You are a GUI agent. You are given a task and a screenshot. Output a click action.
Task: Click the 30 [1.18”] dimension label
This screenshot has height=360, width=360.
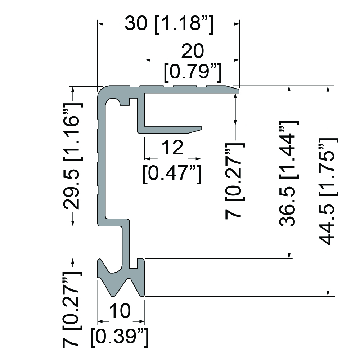click(x=169, y=24)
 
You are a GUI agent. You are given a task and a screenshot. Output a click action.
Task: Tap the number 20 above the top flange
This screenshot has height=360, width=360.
click(x=192, y=51)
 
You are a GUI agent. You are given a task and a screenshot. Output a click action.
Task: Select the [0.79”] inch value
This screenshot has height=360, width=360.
click(x=193, y=73)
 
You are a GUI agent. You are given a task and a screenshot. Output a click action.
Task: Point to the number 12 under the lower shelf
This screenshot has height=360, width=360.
click(x=173, y=147)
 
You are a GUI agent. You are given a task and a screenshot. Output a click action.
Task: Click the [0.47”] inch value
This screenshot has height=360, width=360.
click(x=172, y=174)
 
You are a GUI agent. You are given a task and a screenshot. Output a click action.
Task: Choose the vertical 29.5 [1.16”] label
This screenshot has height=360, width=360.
click(x=73, y=156)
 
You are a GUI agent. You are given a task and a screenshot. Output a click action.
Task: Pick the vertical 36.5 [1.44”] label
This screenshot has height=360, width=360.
click(x=289, y=174)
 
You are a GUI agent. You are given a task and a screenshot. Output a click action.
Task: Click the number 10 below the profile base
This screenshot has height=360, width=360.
click(x=120, y=311)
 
